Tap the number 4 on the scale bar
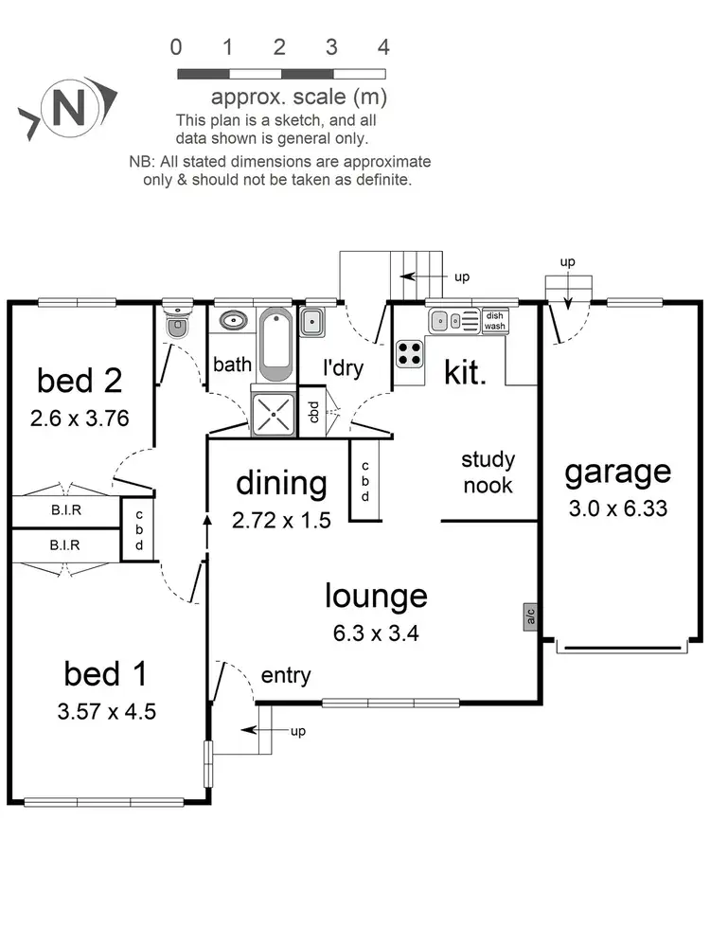click(383, 46)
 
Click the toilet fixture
click(176, 323)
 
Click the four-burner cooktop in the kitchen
click(409, 354)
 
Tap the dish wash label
click(495, 321)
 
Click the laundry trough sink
click(313, 324)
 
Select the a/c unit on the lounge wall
click(530, 618)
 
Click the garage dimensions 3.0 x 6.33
click(618, 508)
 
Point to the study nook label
click(488, 472)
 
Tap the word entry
click(285, 675)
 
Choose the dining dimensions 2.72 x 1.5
click(281, 519)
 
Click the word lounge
click(376, 597)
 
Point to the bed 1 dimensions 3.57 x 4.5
click(105, 711)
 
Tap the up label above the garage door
click(567, 261)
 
